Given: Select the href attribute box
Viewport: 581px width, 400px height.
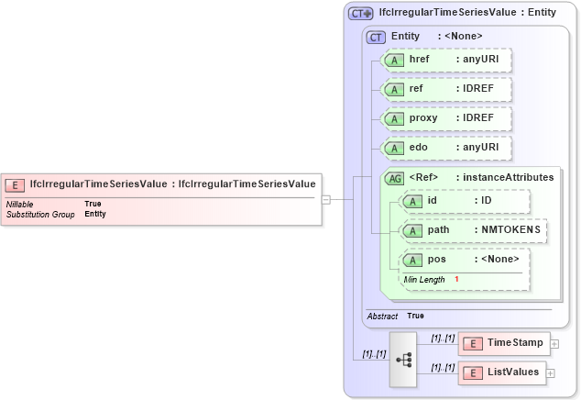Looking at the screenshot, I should (445, 60).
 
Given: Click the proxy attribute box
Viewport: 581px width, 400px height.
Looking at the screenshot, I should (445, 118).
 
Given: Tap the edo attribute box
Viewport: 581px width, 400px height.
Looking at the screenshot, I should (445, 148).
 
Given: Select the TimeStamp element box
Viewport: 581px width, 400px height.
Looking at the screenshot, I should (503, 343).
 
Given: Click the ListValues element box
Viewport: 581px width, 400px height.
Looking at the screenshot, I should (503, 372).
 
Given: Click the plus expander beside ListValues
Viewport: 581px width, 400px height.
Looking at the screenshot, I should (551, 373).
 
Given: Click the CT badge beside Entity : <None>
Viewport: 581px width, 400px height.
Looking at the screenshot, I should (376, 37).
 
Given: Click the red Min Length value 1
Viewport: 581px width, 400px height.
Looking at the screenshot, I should (456, 279).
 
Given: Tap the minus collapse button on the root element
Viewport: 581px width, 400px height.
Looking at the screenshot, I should (325, 198).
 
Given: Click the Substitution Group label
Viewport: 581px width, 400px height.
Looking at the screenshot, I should (40, 214).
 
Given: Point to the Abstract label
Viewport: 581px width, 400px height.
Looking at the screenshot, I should (381, 316).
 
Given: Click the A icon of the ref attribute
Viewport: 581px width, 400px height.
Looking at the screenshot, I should (394, 90).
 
